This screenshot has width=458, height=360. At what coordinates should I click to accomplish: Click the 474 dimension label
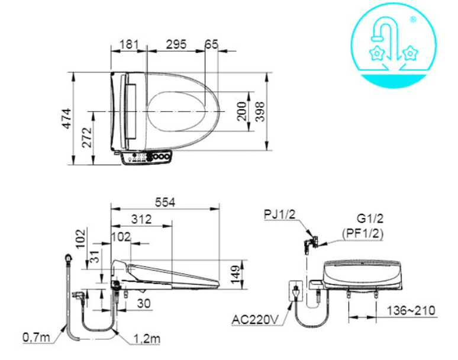(67, 118)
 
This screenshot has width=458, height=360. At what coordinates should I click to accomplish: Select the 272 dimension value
(87, 137)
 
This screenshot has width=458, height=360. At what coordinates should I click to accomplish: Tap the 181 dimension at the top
(129, 44)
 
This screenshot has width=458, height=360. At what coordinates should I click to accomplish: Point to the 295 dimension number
(176, 44)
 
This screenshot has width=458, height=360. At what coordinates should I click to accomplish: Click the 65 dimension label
(212, 44)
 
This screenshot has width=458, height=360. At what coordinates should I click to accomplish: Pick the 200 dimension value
(242, 111)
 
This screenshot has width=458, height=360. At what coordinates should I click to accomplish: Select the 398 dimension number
(260, 111)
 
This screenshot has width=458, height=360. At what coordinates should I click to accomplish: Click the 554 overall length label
(165, 202)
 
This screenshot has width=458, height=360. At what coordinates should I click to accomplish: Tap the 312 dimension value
(141, 219)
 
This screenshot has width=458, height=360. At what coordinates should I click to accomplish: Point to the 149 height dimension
(236, 275)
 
